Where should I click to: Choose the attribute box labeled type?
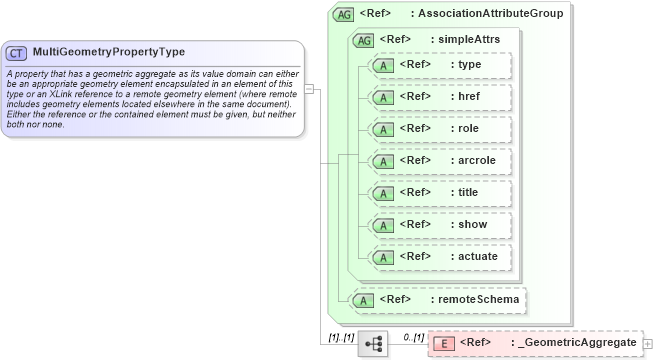pyautogui.click(x=440, y=65)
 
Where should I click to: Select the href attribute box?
pyautogui.click(x=440, y=97)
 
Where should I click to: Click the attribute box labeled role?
pyautogui.click(x=440, y=129)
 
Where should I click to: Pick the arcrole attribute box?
pyautogui.click(x=440, y=161)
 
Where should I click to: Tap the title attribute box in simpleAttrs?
pyautogui.click(x=440, y=193)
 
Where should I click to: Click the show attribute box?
pyautogui.click(x=440, y=225)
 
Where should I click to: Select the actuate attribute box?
pyautogui.click(x=440, y=257)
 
